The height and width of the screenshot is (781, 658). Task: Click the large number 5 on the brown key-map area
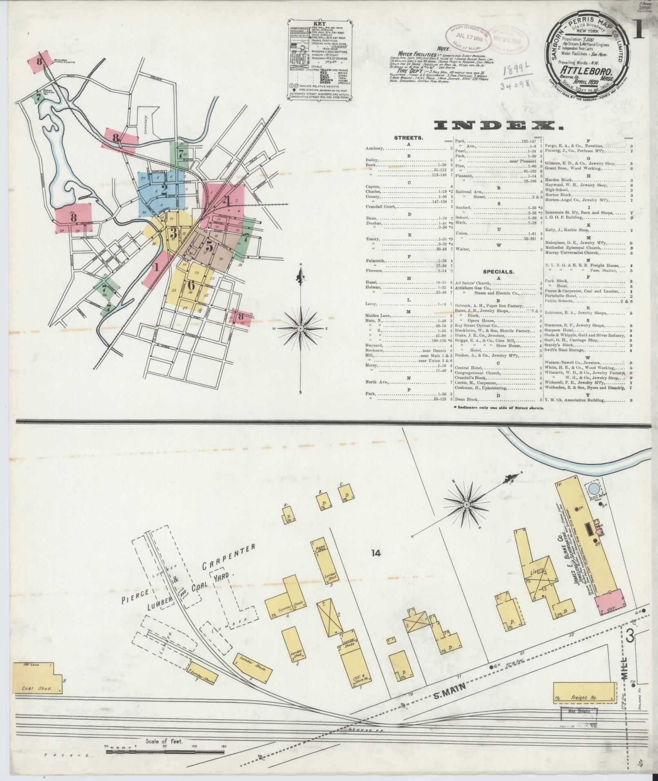pos(209,246)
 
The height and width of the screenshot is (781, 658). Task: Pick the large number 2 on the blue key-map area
pos(164,189)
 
